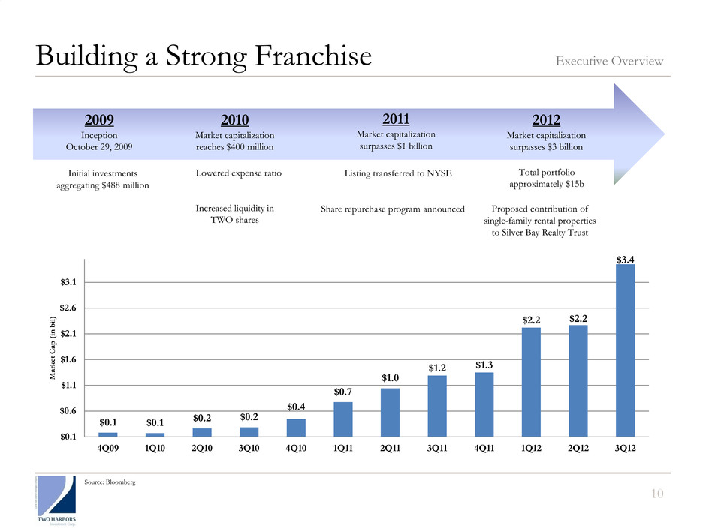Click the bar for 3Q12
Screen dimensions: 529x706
coord(626,350)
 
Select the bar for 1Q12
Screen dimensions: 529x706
coord(531,381)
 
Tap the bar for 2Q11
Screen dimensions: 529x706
coord(390,412)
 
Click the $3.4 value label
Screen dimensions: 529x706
coord(626,259)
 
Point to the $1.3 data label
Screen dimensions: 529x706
coord(484,365)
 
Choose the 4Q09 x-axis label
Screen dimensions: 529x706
coord(108,449)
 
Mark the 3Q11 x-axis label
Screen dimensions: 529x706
coord(437,449)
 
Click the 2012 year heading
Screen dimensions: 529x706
coord(546,119)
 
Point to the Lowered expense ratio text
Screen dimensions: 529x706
coord(238,173)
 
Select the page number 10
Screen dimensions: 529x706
coord(657,492)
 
